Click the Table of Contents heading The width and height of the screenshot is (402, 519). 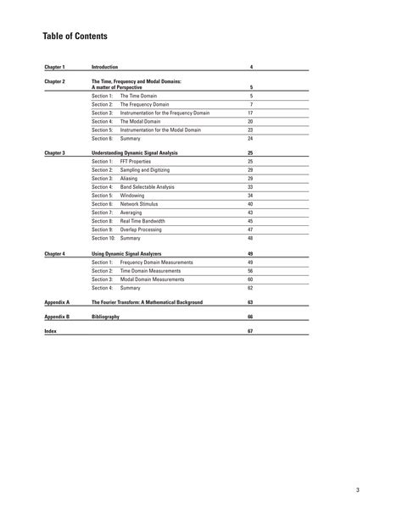pos(75,36)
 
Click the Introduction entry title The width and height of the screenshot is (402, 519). pos(104,66)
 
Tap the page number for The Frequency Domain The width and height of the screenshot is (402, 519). pos(251,104)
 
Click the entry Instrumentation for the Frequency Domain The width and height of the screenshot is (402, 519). pos(165,113)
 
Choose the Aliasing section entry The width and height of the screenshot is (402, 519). pos(130,179)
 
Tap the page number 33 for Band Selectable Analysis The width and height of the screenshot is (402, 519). pos(250,187)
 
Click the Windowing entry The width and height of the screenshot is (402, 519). pos(132,196)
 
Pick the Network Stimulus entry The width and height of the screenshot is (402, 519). pos(139,204)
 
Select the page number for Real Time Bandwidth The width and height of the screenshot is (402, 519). pos(250,221)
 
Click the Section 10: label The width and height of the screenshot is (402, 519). pos(103,238)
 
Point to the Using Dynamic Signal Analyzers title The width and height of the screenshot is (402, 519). pos(126,253)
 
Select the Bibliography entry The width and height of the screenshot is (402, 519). pos(105,316)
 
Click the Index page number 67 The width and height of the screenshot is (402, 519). pos(250,331)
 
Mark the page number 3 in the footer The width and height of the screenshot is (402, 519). pos(358,489)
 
